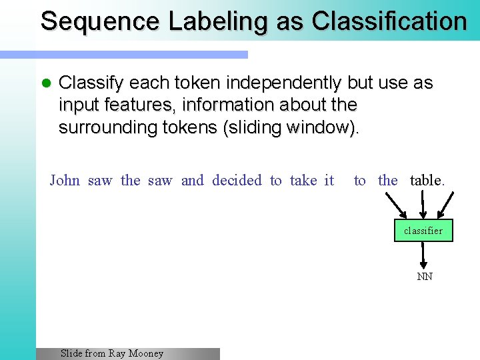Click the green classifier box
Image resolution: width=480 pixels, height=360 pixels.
point(423,231)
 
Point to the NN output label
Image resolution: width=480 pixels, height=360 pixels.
point(425,277)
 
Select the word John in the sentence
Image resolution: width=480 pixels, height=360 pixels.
point(65,180)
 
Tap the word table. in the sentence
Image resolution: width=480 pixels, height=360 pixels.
point(427,180)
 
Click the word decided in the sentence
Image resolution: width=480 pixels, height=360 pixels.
point(237,180)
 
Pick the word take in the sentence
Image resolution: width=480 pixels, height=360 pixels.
point(303,180)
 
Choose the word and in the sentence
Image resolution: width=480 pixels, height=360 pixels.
point(193,180)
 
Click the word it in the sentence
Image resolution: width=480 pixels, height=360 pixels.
point(329,180)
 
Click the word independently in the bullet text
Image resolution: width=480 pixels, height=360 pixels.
point(283,83)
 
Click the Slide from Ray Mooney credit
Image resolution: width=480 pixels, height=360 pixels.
point(112,353)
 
